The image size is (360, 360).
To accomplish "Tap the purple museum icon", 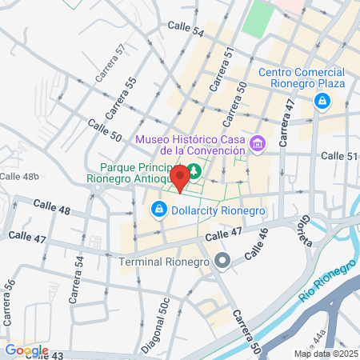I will tap(258, 145).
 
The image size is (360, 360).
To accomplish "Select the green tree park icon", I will tap(194, 170).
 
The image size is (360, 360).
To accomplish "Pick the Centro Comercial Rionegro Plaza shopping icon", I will tap(322, 102).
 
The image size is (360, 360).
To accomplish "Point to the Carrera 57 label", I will tap(110, 63).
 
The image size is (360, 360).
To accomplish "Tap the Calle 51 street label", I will tap(341, 156).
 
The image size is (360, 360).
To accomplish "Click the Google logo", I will tap(26, 350).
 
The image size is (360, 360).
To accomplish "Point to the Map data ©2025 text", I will tap(324, 354).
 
